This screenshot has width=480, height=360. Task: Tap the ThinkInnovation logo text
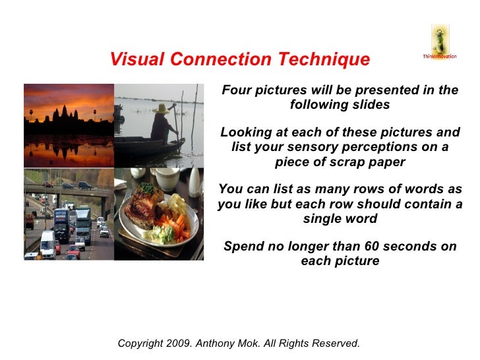click(439, 56)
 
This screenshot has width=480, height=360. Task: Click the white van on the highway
click(47, 244)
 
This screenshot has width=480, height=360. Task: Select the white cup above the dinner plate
click(167, 179)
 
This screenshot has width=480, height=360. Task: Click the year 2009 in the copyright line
click(181, 344)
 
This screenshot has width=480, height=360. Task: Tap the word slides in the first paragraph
click(371, 105)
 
